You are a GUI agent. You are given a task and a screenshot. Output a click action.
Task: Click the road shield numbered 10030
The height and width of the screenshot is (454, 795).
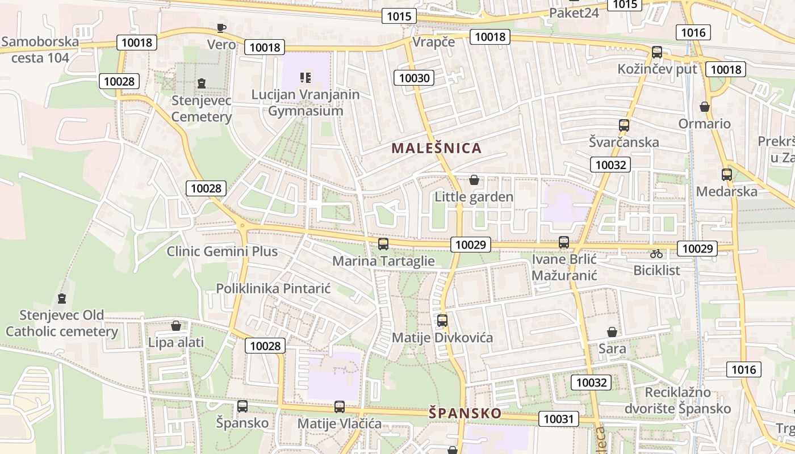click(x=415, y=77)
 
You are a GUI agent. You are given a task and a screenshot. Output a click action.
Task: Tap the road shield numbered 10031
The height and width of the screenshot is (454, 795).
click(x=559, y=419)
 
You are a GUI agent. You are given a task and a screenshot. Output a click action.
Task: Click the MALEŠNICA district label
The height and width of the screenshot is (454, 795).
click(x=437, y=149)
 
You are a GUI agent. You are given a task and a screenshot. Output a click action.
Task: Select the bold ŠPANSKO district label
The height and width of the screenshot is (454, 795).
click(x=465, y=413)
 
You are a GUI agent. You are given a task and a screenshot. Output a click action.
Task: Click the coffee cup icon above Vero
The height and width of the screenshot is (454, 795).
click(x=221, y=28)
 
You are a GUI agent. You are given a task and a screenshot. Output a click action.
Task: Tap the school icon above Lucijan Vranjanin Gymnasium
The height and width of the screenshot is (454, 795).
click(x=306, y=77)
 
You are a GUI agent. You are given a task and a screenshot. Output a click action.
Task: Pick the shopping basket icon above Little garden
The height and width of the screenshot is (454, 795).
click(x=474, y=180)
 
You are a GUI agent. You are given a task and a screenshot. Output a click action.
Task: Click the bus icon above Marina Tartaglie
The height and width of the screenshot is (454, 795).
click(x=383, y=244)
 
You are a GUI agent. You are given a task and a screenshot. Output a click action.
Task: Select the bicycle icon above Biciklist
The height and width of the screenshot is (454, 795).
click(x=656, y=254)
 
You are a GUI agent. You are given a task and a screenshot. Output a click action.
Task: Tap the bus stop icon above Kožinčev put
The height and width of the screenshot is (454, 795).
click(x=657, y=52)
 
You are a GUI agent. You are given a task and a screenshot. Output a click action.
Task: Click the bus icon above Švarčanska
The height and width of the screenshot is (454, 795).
click(x=624, y=125)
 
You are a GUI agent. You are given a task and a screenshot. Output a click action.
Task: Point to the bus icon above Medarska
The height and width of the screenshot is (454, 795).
click(x=727, y=175)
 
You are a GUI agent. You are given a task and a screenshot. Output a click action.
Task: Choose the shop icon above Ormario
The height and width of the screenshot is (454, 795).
click(x=705, y=107)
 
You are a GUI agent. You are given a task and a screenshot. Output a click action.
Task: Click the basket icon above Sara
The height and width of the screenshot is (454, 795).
click(x=612, y=331)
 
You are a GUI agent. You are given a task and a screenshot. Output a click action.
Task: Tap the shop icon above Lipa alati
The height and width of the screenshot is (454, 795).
click(x=176, y=326)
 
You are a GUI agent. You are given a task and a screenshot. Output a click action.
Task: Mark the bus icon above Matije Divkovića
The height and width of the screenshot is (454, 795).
click(x=442, y=321)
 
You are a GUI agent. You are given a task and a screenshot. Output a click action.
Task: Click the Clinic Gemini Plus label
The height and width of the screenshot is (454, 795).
click(x=222, y=251)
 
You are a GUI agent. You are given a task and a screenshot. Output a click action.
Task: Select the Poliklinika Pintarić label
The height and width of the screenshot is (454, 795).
click(x=273, y=288)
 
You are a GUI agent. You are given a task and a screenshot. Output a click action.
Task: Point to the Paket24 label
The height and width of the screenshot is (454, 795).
click(x=574, y=12)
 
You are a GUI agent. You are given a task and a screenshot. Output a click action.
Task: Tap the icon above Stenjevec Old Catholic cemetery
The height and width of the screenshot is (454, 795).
click(x=62, y=298)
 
